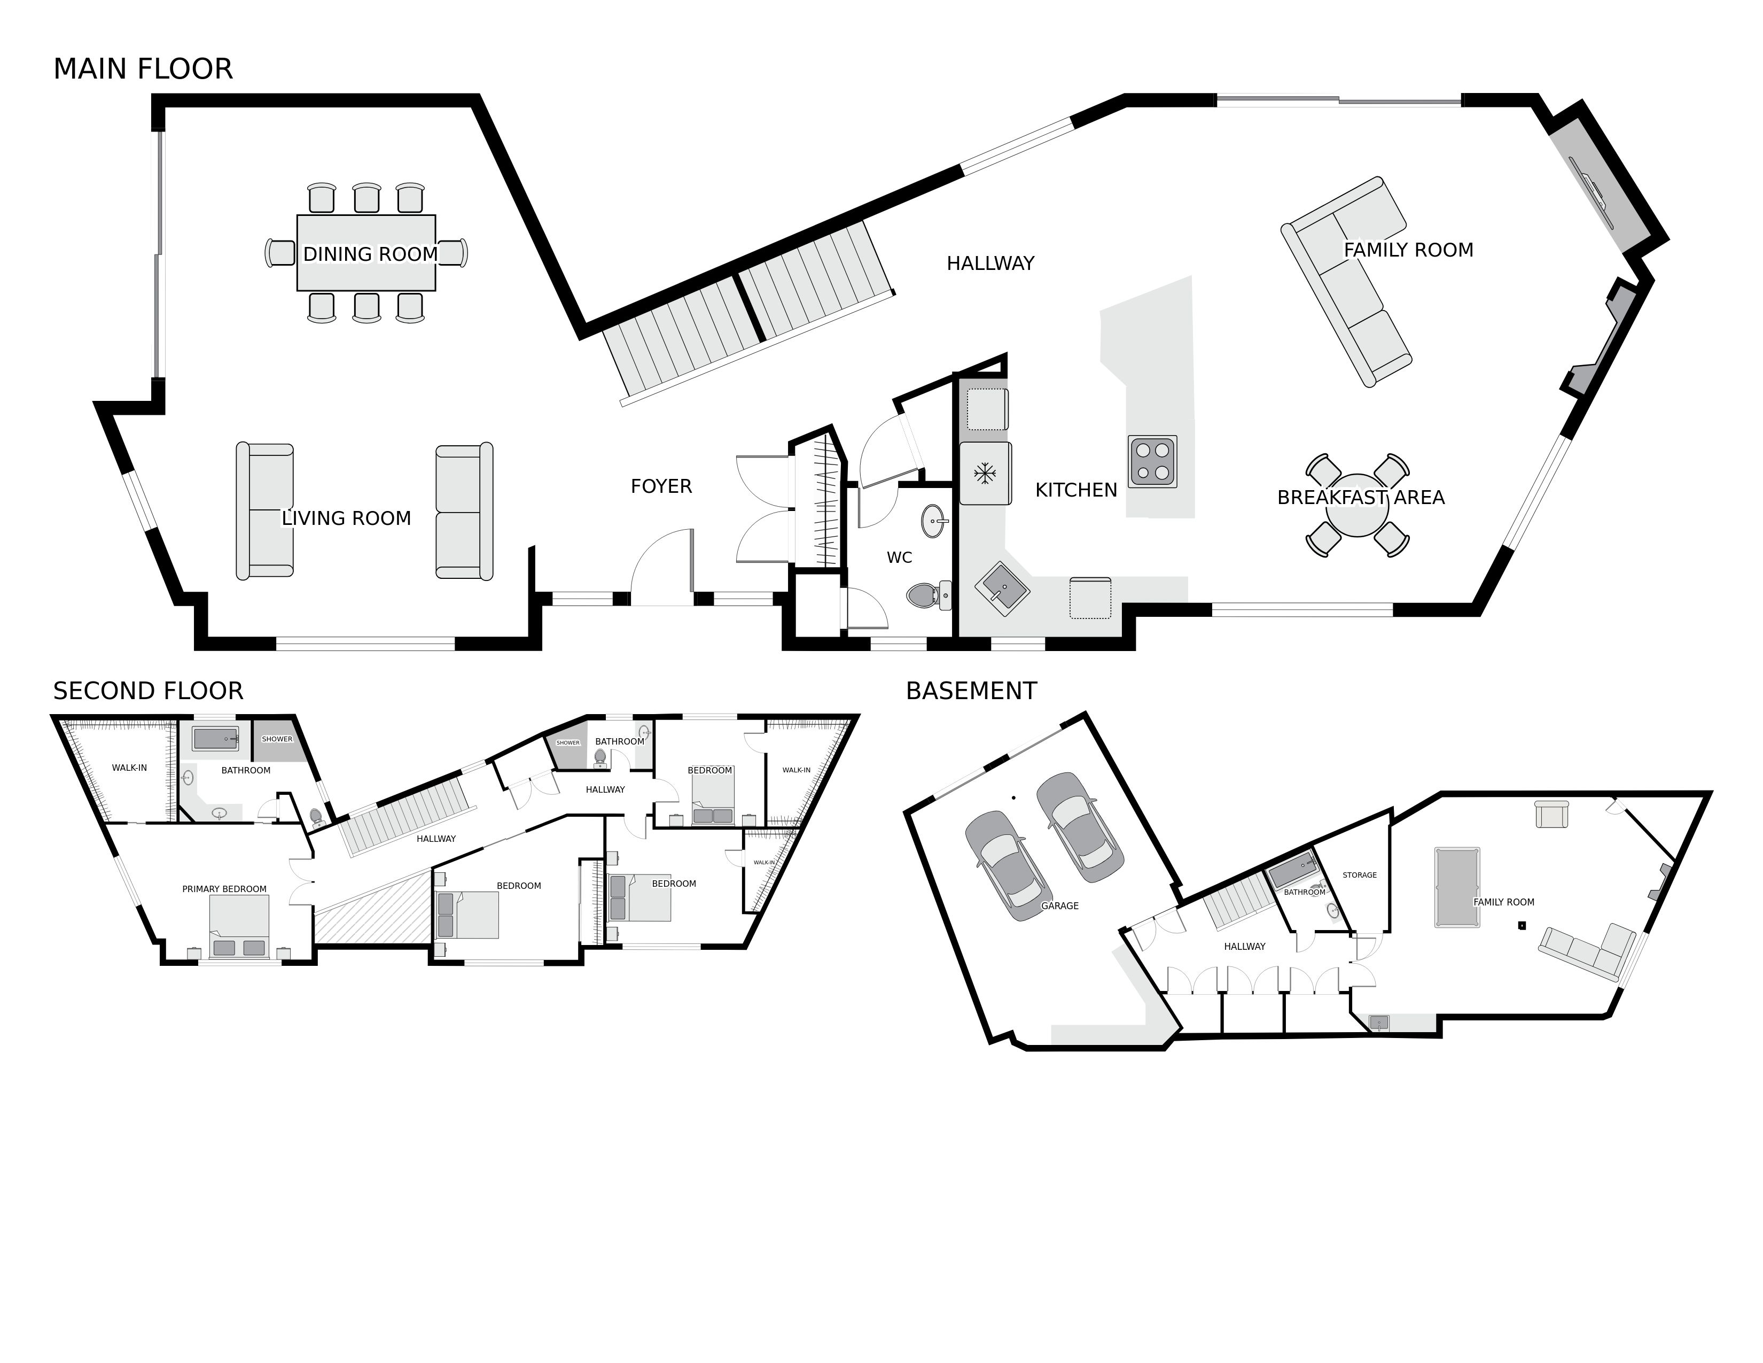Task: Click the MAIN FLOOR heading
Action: (x=143, y=69)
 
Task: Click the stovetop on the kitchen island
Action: (x=1152, y=461)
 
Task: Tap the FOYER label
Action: (x=661, y=486)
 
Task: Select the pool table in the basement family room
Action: (x=1456, y=887)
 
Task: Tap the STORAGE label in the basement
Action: (x=1360, y=876)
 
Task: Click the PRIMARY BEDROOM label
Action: (x=224, y=889)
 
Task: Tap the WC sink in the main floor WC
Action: (x=935, y=521)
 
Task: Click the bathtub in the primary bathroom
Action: (x=215, y=738)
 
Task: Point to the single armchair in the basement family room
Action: (x=1551, y=814)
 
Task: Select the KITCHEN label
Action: (x=1075, y=490)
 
